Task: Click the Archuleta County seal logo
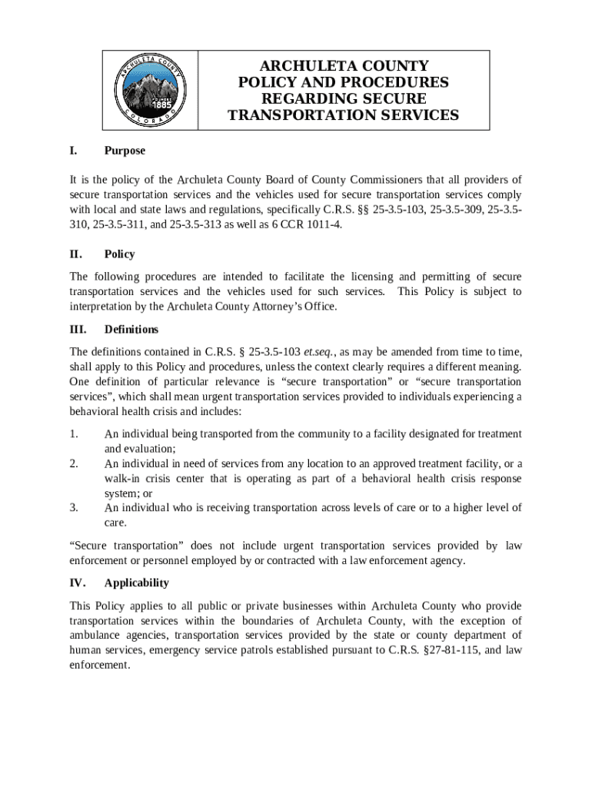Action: point(151,89)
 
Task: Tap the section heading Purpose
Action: point(125,151)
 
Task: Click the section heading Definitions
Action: point(131,330)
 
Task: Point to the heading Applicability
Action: point(136,583)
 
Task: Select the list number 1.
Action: point(74,434)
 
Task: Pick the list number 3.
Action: point(74,507)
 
